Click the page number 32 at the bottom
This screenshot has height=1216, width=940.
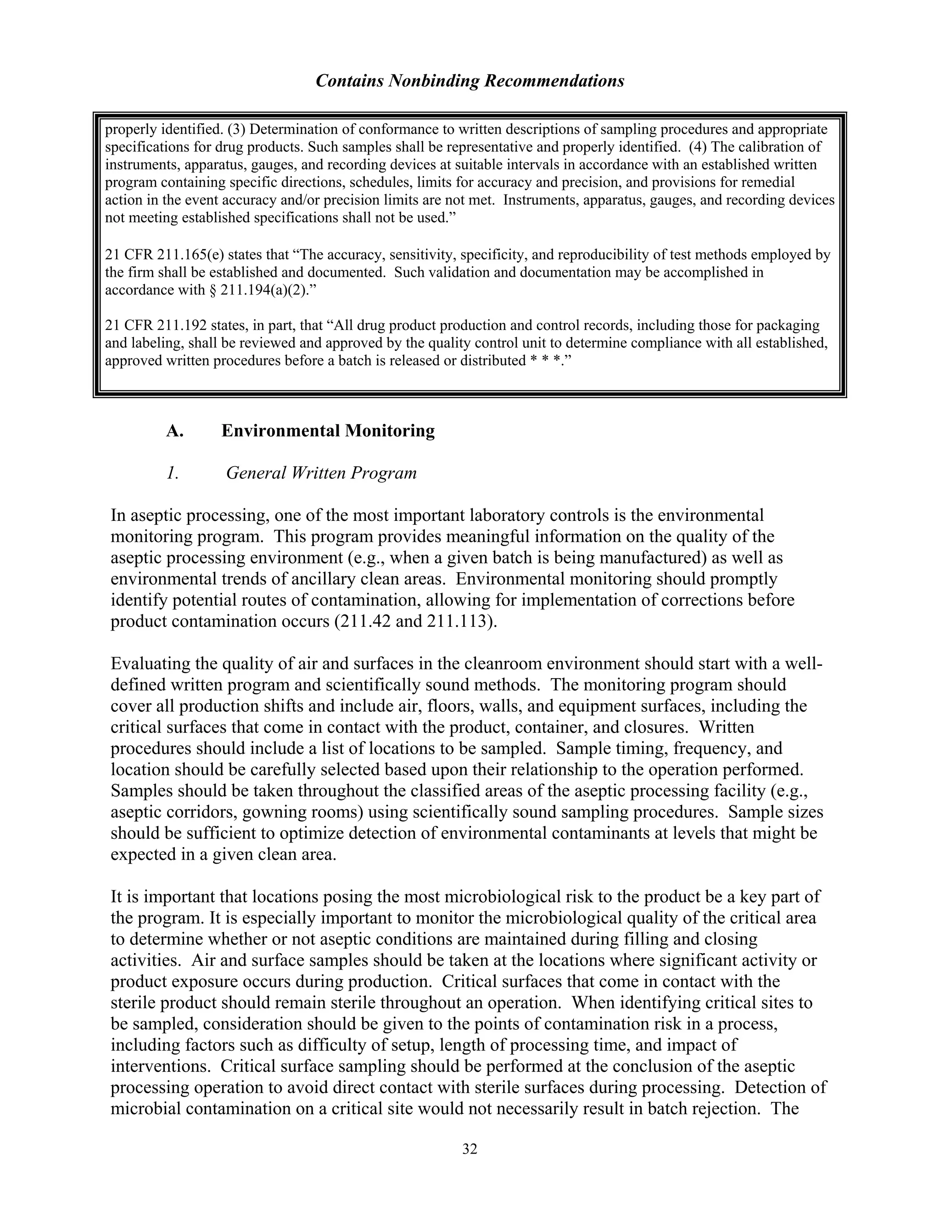click(x=470, y=1149)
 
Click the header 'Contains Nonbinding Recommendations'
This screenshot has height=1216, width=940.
click(x=470, y=81)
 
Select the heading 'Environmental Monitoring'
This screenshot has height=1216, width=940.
click(x=328, y=430)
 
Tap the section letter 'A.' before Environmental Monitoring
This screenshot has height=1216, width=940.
click(x=175, y=430)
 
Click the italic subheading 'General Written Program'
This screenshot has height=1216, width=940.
click(x=321, y=473)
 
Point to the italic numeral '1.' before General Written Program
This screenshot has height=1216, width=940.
click(x=173, y=473)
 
